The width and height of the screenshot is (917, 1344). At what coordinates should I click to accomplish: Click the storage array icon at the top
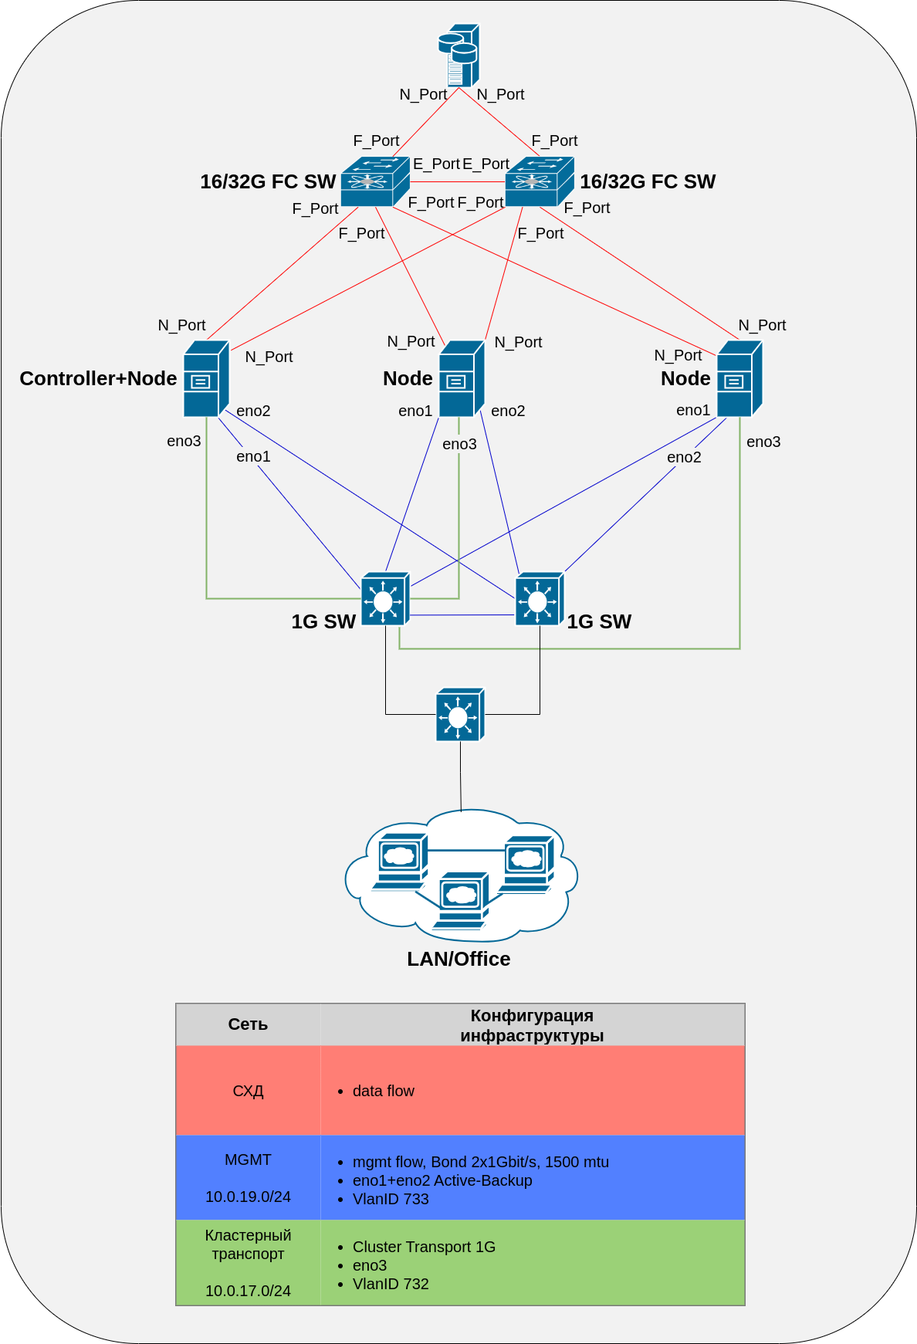tap(459, 55)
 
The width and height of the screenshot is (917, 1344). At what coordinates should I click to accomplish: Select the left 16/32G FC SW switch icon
tap(375, 181)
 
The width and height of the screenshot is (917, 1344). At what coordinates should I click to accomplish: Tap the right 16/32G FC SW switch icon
tap(540, 181)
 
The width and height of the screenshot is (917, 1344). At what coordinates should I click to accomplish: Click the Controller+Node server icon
tap(206, 378)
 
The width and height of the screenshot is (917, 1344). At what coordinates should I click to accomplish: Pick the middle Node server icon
tap(462, 378)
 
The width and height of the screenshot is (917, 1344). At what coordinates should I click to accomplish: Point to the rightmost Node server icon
tap(739, 378)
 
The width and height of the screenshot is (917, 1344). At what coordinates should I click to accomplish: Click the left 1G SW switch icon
tap(385, 598)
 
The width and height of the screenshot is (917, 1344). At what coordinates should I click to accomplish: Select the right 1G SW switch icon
tap(540, 598)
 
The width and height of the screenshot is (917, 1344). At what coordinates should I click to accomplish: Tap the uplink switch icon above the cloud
tap(460, 714)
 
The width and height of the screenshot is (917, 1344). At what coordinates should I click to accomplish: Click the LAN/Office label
tap(458, 959)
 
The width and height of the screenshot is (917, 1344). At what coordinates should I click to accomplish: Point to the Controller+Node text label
tap(98, 378)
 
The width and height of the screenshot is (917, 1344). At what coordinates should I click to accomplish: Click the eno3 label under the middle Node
tap(459, 444)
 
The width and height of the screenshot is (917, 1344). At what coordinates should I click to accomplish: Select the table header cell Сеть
tap(248, 1024)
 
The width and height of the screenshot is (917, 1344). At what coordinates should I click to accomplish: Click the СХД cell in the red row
tap(248, 1091)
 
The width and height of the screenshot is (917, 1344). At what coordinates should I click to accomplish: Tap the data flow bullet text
tap(383, 1091)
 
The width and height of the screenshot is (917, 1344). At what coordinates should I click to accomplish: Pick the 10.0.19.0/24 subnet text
tap(248, 1197)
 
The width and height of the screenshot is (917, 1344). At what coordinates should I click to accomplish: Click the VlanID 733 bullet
tap(391, 1199)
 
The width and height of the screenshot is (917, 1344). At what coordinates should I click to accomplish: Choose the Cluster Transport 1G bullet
tap(424, 1247)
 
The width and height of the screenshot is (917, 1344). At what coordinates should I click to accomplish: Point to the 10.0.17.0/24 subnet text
tap(248, 1291)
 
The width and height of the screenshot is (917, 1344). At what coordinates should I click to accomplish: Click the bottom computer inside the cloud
tap(461, 900)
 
